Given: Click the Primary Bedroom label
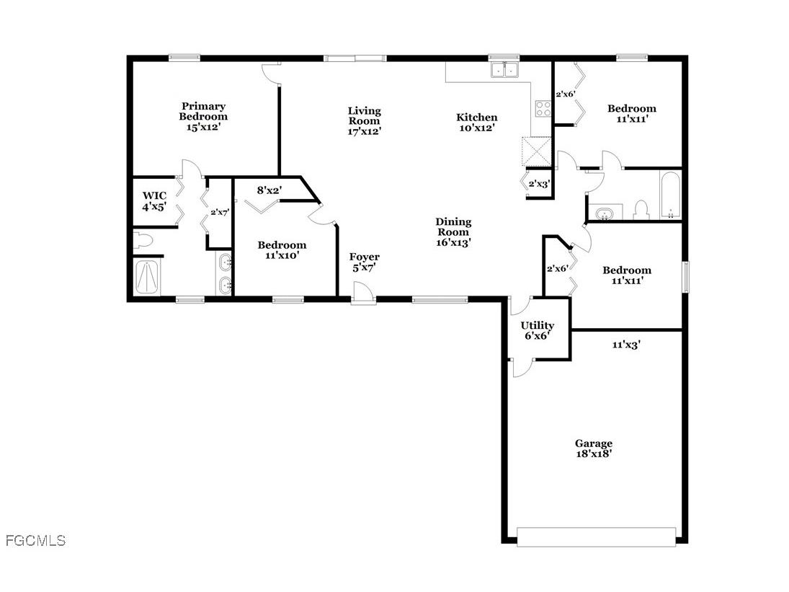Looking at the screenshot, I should pyautogui.click(x=203, y=116).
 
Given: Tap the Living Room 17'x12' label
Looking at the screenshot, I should pyautogui.click(x=364, y=120).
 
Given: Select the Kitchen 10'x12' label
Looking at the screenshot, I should pyautogui.click(x=476, y=123).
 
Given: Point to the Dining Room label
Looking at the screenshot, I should pyautogui.click(x=453, y=231).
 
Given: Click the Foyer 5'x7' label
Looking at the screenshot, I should pyautogui.click(x=364, y=262).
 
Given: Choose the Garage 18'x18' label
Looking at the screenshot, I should pyautogui.click(x=593, y=449).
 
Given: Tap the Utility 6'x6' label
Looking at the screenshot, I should pyautogui.click(x=538, y=330).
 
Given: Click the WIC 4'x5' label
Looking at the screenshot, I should pyautogui.click(x=154, y=200).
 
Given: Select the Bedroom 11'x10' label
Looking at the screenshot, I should pyautogui.click(x=282, y=249).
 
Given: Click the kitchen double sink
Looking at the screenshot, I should pyautogui.click(x=506, y=70).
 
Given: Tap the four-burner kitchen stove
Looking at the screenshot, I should pyautogui.click(x=543, y=108).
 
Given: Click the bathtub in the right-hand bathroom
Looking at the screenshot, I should pyautogui.click(x=670, y=194).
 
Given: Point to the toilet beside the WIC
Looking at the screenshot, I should pyautogui.click(x=143, y=240).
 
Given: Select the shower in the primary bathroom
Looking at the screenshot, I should pyautogui.click(x=148, y=277).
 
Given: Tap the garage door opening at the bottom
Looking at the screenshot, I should pyautogui.click(x=596, y=536).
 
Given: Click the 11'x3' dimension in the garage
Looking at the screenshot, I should pyautogui.click(x=626, y=345).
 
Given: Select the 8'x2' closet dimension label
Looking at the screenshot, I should pyautogui.click(x=269, y=190).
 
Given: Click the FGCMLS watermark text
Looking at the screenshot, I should pyautogui.click(x=35, y=540).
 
